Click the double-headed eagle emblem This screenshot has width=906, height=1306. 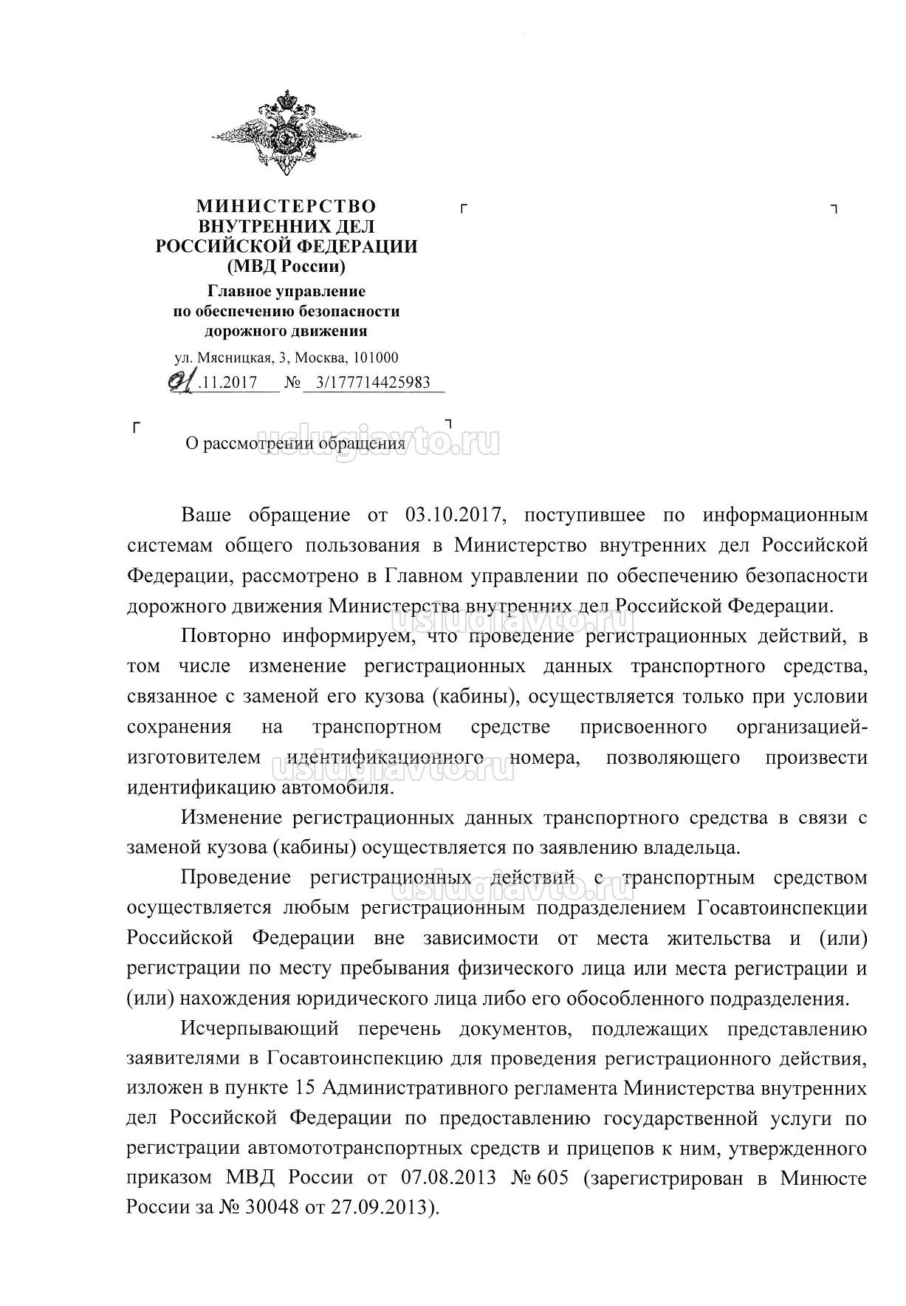click(x=286, y=132)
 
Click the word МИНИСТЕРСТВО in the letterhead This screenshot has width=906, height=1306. click(x=286, y=206)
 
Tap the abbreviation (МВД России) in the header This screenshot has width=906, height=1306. click(x=286, y=266)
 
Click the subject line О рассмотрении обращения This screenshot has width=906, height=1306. click(x=295, y=444)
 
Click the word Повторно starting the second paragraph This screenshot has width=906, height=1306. click(x=226, y=635)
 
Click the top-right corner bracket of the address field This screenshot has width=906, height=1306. click(x=834, y=209)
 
